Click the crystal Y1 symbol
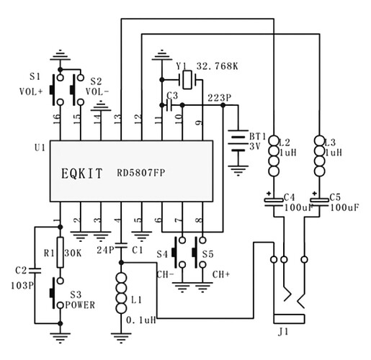[187, 80]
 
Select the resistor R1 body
[61, 252]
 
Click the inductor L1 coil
[121, 293]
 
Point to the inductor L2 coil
[274, 156]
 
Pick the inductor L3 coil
[319, 156]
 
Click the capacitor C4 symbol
[274, 202]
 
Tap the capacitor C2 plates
[35, 271]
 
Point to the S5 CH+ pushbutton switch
[200, 252]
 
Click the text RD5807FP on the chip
[141, 173]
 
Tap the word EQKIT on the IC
[82, 174]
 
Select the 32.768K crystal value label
[218, 66]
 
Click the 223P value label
[219, 98]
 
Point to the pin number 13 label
[117, 120]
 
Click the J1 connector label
[283, 332]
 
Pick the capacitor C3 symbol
[169, 105]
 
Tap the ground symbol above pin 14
[101, 106]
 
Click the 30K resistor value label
[73, 253]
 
